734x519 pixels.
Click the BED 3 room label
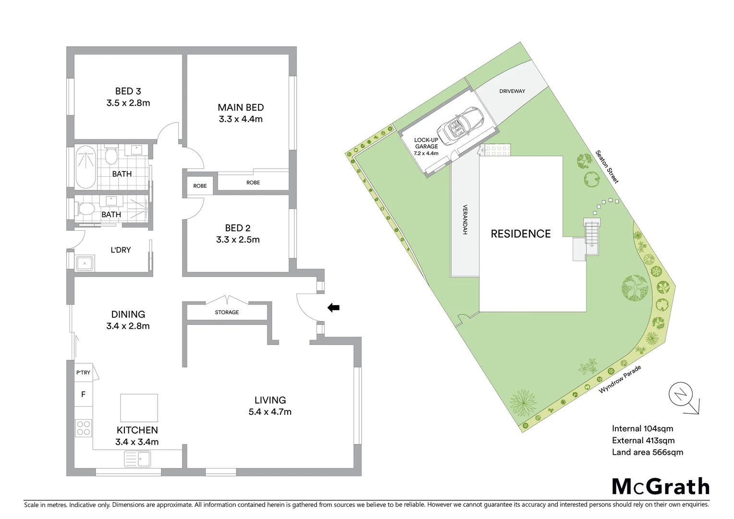[x=128, y=91]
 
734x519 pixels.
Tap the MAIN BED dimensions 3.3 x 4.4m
[x=241, y=119]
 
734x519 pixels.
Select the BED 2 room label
[x=237, y=228]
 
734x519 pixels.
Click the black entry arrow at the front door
[x=333, y=308]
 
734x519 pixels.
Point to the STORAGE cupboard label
[x=227, y=312]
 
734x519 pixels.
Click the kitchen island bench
[x=139, y=408]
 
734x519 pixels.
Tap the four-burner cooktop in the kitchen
[x=84, y=428]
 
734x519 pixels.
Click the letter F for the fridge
[x=83, y=395]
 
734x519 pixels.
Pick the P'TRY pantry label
[x=83, y=372]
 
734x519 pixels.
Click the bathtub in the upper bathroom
[x=86, y=167]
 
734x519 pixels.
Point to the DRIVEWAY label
[x=512, y=91]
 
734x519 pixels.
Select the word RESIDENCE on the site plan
[x=520, y=234]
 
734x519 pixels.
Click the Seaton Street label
[x=607, y=167]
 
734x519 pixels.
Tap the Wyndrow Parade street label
[x=620, y=379]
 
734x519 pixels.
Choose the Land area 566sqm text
[x=647, y=452]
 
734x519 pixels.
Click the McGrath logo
[x=661, y=486]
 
